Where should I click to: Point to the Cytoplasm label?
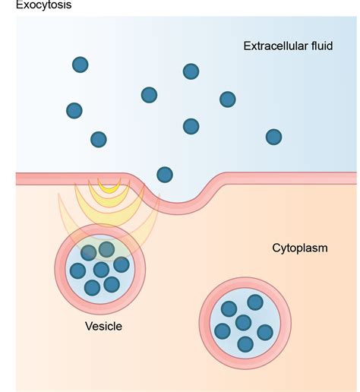point(299,248)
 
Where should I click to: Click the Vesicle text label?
point(103,327)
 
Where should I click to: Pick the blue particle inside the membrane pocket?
point(163,174)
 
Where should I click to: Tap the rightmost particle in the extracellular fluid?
point(273,137)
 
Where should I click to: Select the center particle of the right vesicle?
point(243,323)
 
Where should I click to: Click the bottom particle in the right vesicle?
point(245,344)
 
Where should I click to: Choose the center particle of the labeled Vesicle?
point(101,270)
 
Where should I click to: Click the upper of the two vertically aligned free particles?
point(191,71)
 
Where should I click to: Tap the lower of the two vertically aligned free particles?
point(191,126)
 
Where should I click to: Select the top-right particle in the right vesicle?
point(255,302)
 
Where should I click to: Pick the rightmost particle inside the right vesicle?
point(264,332)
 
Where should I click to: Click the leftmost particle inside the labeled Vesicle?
point(77,270)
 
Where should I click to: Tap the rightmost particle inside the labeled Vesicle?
point(122,265)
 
